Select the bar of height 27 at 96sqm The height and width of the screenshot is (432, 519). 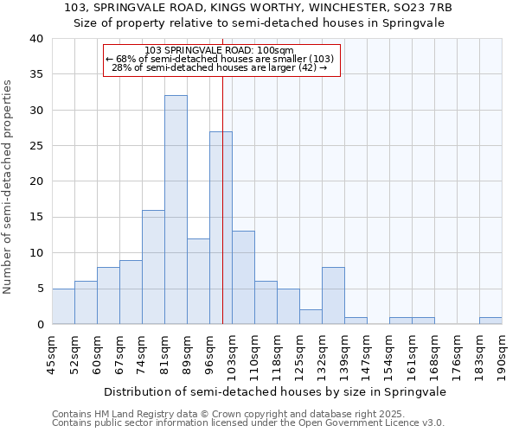(221, 228)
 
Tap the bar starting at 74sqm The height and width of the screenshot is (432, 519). (153, 267)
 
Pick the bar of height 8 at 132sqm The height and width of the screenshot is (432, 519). (333, 295)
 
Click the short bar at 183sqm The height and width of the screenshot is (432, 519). (490, 321)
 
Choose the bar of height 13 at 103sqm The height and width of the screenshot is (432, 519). (243, 277)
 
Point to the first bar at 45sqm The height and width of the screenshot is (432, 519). (63, 306)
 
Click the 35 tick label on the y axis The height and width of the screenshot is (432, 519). (35, 74)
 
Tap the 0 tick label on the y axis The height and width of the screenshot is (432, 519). (40, 324)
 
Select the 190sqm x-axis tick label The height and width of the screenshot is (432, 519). (502, 354)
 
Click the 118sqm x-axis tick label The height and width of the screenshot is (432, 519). (277, 354)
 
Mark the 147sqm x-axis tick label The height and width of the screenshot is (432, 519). (367, 354)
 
